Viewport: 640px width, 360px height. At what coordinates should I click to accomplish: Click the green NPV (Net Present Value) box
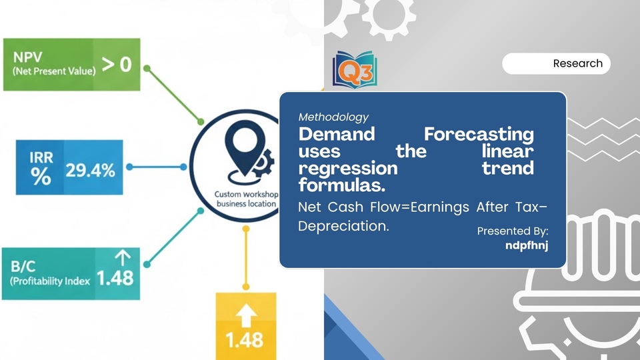72,65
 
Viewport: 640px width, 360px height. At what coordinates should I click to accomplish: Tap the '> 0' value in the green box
117,65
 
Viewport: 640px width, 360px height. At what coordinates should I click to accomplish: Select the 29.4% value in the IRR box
90,170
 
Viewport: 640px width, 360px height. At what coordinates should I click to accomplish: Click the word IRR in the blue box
41,157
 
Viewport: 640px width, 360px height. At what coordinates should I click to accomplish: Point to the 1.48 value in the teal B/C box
115,279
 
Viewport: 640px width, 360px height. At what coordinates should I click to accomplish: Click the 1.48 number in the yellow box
245,340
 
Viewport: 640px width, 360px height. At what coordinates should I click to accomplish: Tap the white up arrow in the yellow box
246,316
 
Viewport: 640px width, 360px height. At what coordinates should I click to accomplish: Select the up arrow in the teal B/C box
123,258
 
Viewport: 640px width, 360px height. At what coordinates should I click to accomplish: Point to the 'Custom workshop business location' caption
247,199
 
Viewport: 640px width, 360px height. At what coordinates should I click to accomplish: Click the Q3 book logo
355,70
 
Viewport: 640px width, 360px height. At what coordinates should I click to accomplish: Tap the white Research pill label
556,64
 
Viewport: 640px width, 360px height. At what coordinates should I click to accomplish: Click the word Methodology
333,117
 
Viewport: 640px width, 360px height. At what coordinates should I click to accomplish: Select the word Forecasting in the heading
479,134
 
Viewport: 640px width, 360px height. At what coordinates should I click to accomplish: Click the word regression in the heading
348,168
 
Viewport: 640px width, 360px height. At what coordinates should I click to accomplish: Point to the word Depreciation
343,226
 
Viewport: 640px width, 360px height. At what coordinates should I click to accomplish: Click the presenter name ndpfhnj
527,245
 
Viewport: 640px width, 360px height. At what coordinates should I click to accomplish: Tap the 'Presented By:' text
513,231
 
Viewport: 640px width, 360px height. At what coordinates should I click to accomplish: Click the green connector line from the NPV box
174,95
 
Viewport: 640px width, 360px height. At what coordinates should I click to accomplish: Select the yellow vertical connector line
246,258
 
